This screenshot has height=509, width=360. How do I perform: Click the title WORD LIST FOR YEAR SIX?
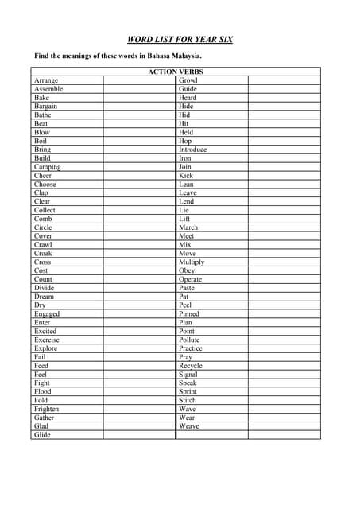pyautogui.click(x=180, y=39)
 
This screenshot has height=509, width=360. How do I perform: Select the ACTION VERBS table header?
pyautogui.click(x=176, y=72)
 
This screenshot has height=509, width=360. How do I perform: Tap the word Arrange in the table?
pyautogui.click(x=45, y=80)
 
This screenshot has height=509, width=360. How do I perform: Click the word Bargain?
pyautogui.click(x=45, y=106)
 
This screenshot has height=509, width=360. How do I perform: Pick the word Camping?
pyautogui.click(x=47, y=167)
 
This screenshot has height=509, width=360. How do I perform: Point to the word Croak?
pyautogui.click(x=43, y=254)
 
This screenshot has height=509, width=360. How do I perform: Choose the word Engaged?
pyautogui.click(x=47, y=314)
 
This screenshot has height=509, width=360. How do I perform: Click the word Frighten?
pyautogui.click(x=47, y=409)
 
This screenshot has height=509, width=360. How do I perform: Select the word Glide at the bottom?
pyautogui.click(x=41, y=435)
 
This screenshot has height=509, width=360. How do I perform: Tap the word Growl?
pyautogui.click(x=188, y=80)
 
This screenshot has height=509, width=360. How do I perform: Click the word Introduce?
pyautogui.click(x=192, y=150)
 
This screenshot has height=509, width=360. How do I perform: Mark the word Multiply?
pyautogui.click(x=192, y=262)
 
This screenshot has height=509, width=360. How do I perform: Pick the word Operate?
pyautogui.click(x=191, y=279)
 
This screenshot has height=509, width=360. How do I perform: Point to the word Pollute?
pyautogui.click(x=190, y=340)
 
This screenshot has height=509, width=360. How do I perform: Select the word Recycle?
pyautogui.click(x=191, y=366)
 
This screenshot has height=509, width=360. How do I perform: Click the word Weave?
pyautogui.click(x=189, y=426)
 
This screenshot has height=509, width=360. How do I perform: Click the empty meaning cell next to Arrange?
pyautogui.click(x=138, y=80)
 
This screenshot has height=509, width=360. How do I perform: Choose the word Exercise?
pyautogui.click(x=47, y=340)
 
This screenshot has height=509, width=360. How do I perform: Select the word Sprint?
pyautogui.click(x=188, y=391)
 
